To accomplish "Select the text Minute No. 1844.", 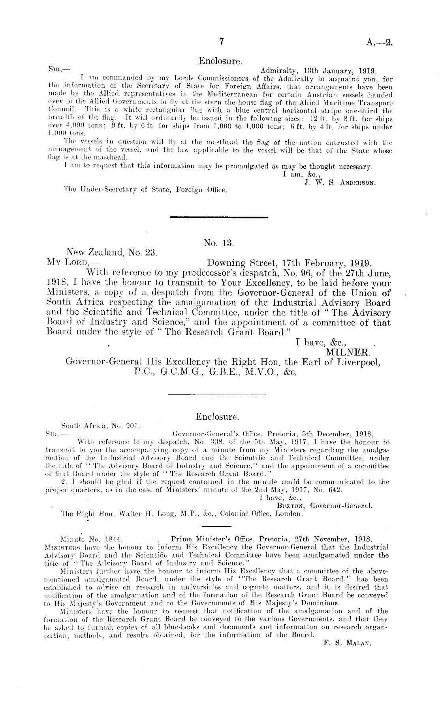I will [90, 538].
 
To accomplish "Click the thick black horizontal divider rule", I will [218, 217].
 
